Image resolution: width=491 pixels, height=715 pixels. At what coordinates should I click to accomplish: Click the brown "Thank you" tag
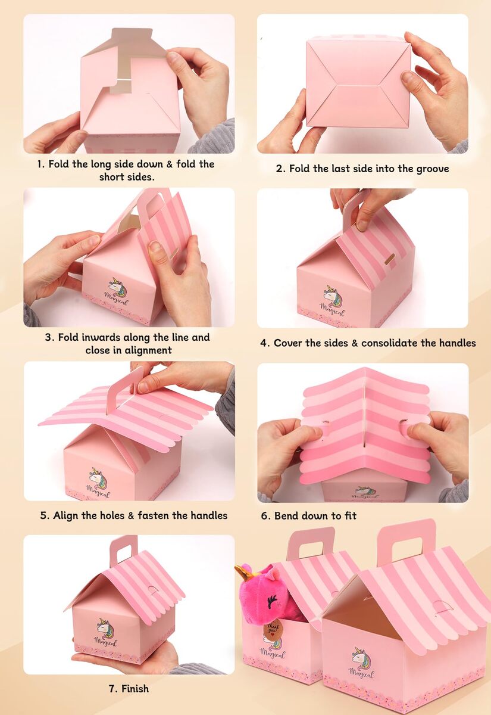pyautogui.click(x=273, y=627)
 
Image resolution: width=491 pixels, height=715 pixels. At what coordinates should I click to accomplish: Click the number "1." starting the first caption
pyautogui.click(x=41, y=164)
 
